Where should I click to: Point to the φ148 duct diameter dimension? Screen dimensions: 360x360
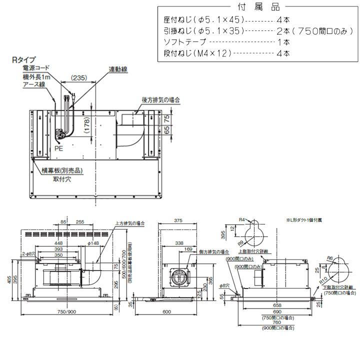tap(95, 243)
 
